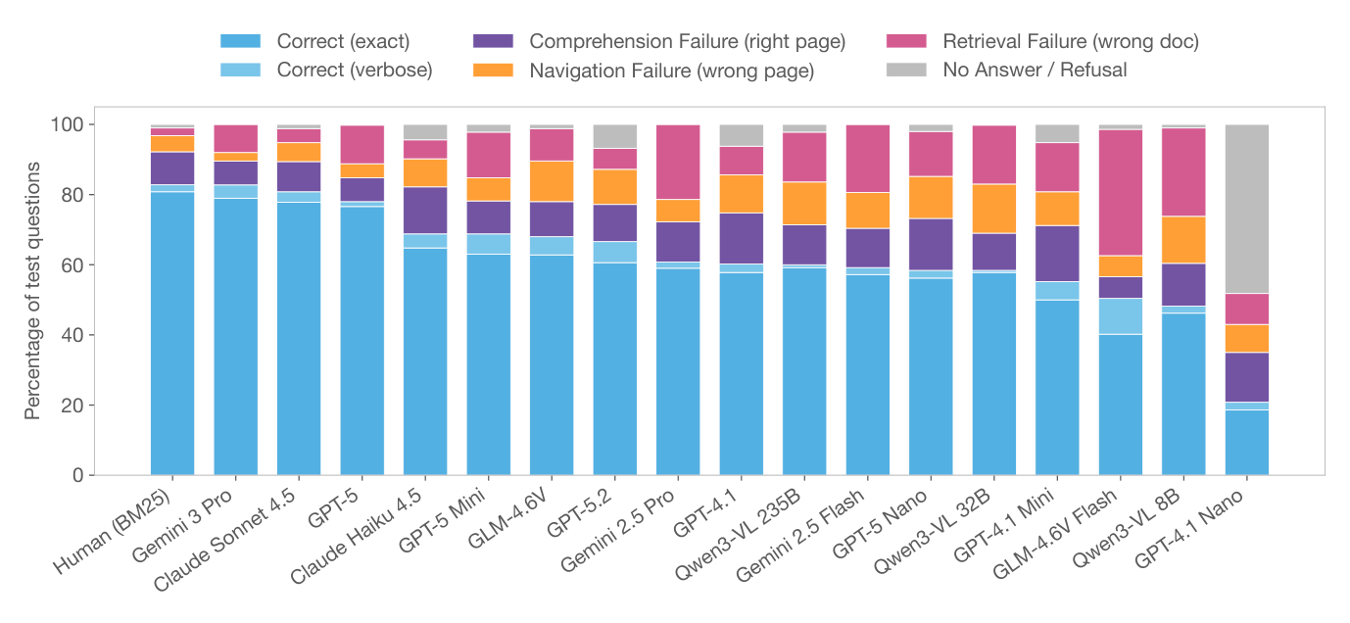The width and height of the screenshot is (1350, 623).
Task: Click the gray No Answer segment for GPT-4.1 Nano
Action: [1246, 209]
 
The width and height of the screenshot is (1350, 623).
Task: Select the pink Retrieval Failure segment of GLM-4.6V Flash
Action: [1120, 192]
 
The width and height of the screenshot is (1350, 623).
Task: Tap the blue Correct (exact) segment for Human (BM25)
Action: [172, 333]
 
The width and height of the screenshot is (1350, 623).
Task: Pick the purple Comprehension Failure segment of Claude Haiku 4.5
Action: [425, 210]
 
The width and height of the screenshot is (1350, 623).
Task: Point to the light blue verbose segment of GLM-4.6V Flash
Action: [1120, 316]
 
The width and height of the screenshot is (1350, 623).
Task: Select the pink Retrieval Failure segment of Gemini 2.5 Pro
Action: [678, 162]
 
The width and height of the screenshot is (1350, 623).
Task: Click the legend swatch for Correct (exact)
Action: [241, 41]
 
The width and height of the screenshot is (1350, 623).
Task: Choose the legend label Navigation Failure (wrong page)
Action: [671, 71]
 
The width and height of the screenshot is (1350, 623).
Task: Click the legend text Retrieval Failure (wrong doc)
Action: [1070, 41]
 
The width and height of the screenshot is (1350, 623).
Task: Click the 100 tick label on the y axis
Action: [71, 125]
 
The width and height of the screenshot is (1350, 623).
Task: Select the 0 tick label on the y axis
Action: [79, 476]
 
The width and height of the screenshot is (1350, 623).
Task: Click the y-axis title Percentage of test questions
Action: [33, 291]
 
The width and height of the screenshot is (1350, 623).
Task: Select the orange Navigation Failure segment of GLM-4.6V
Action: [552, 181]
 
